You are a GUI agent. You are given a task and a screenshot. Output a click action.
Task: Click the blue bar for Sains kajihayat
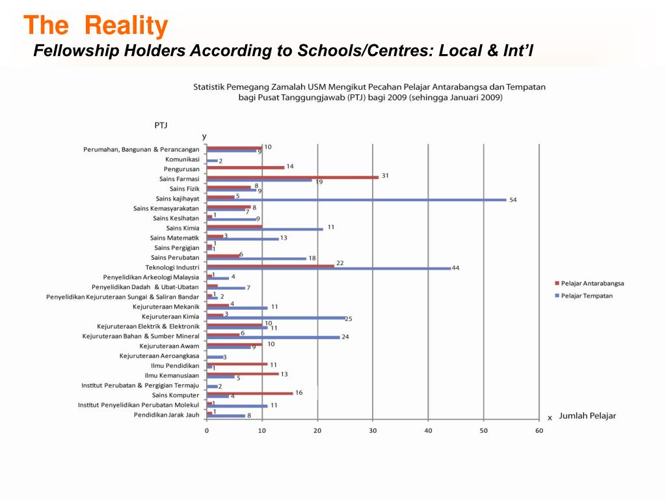(x=356, y=199)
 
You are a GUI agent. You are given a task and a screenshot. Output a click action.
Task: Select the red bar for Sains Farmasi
(x=292, y=177)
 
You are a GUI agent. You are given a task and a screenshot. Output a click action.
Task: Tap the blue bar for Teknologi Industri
(x=328, y=268)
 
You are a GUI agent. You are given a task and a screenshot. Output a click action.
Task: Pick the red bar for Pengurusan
(x=245, y=167)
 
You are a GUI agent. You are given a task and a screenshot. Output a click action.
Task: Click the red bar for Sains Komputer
(x=250, y=393)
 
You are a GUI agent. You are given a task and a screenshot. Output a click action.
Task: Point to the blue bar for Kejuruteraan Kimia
(x=276, y=318)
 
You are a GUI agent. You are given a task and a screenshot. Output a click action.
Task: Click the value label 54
(x=513, y=199)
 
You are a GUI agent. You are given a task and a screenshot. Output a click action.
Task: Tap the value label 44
(x=455, y=268)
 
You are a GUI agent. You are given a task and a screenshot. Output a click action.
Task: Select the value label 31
(x=385, y=175)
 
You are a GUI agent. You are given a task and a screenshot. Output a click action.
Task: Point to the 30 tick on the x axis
(x=373, y=430)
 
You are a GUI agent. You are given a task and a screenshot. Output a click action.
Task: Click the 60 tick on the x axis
(x=539, y=430)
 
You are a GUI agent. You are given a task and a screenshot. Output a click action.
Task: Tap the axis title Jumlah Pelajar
(x=587, y=415)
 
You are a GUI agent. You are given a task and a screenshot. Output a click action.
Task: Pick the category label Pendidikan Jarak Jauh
(x=166, y=415)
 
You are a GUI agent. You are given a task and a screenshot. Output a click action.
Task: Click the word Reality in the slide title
(x=126, y=26)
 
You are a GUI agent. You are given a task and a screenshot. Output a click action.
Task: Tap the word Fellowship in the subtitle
(x=74, y=51)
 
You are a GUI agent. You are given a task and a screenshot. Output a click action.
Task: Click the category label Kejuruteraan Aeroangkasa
(x=159, y=355)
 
